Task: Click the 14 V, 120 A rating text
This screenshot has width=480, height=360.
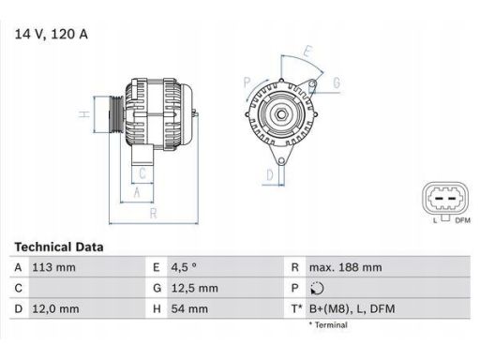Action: click(52, 34)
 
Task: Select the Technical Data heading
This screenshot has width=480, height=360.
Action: click(59, 247)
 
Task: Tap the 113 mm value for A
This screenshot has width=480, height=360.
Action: click(53, 267)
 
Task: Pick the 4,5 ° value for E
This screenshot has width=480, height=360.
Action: click(184, 267)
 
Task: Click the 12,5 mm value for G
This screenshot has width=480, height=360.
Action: click(194, 288)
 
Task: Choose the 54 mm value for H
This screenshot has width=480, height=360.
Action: click(189, 309)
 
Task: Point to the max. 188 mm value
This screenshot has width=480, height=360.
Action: click(345, 267)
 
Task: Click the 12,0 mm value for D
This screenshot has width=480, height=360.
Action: click(55, 309)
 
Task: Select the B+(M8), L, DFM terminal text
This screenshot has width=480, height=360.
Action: click(352, 309)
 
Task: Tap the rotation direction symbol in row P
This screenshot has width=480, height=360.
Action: click(317, 289)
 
